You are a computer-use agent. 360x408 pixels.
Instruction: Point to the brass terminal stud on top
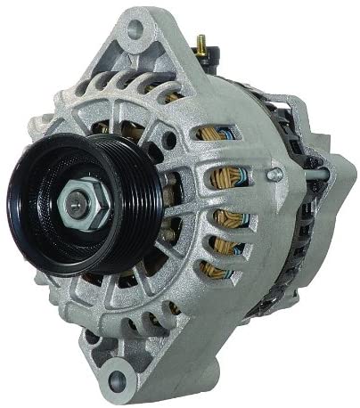(x=200, y=43)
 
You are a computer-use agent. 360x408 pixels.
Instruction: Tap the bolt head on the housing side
(x=274, y=175)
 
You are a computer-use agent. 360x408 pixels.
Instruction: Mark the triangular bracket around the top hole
(x=134, y=40)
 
